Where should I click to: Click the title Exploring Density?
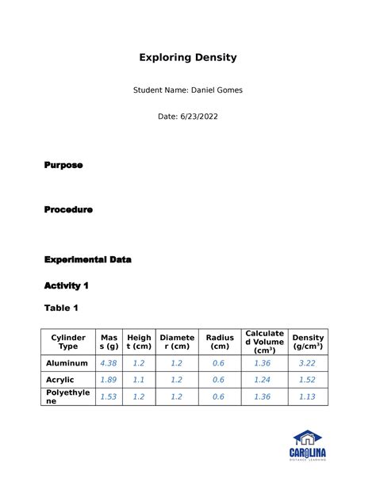[188, 58]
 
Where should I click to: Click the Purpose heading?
[63, 165]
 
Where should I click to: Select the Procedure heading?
[68, 210]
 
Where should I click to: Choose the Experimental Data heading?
[88, 259]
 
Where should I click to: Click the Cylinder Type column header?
[69, 342]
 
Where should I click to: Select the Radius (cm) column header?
[220, 342]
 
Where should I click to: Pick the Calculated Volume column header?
[264, 342]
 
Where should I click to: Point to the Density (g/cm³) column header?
[308, 342]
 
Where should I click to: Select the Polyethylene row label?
[68, 396]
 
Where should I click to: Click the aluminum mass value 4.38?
[108, 363]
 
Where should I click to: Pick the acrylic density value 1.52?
[308, 380]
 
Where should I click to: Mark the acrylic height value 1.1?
[139, 380]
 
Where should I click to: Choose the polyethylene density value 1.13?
[308, 396]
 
